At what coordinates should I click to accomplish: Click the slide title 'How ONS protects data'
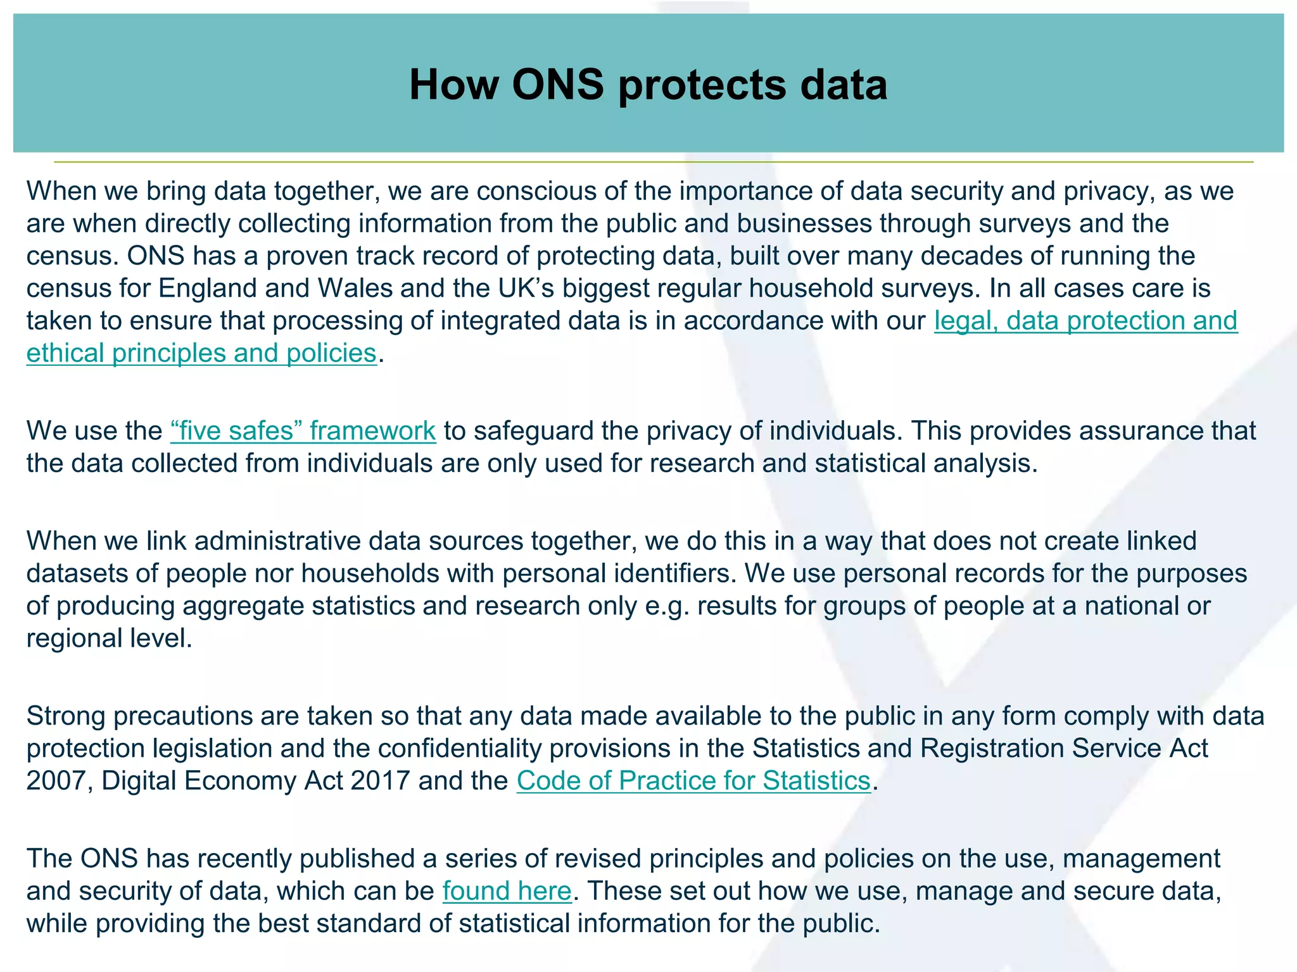click(648, 84)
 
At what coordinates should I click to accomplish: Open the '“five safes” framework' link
click(303, 431)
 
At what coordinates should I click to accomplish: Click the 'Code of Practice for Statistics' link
click(693, 781)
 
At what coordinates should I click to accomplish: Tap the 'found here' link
click(507, 891)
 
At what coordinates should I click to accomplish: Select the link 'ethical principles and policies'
click(201, 353)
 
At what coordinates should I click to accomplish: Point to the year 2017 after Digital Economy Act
click(380, 781)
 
